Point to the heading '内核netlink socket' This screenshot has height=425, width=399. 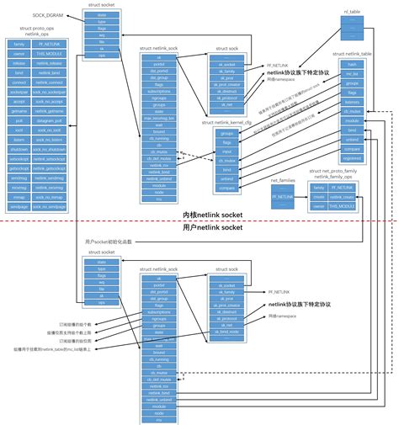206,215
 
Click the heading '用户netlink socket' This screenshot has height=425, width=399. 206,228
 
